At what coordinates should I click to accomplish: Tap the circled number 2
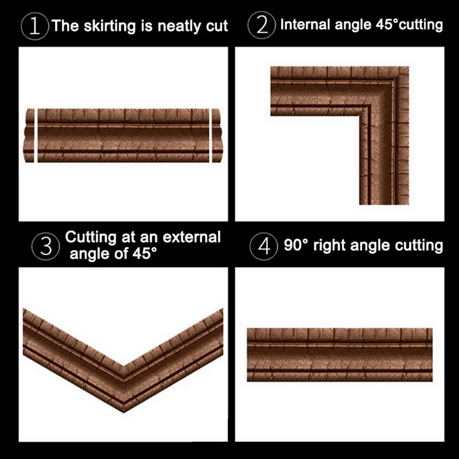pyautogui.click(x=262, y=25)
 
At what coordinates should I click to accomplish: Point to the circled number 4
pyautogui.click(x=263, y=246)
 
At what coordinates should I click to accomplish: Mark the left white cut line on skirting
pyautogui.click(x=36, y=134)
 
